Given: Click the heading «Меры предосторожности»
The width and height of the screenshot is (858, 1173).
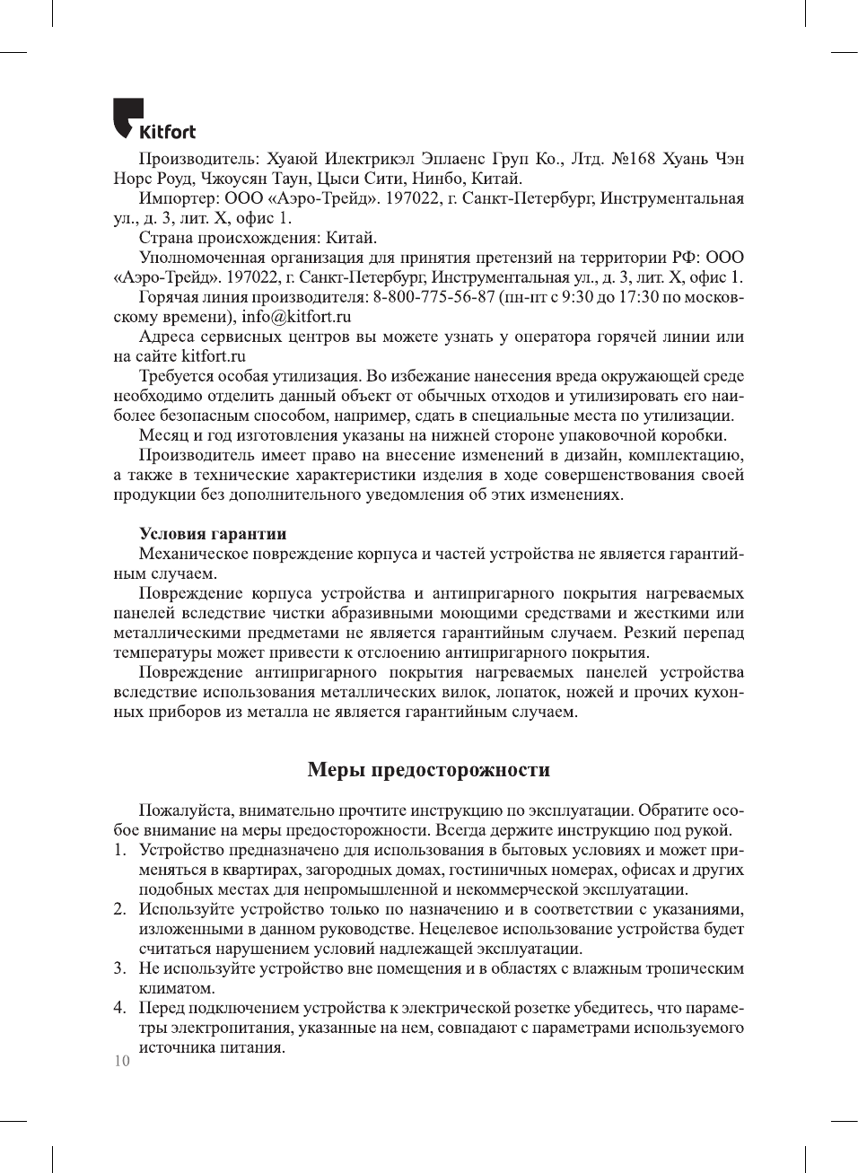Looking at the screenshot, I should tap(429, 770).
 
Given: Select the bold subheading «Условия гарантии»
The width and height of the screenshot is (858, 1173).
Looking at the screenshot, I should tap(213, 534).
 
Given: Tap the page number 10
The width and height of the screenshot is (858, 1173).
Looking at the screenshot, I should tap(121, 1061).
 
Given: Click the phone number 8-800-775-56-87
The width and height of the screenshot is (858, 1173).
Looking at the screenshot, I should tap(433, 297).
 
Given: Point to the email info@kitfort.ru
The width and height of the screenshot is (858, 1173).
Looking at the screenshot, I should tap(295, 317).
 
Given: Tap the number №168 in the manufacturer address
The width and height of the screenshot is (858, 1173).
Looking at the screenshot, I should tap(634, 159).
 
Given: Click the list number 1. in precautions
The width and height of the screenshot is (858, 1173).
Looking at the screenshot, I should tap(119, 850).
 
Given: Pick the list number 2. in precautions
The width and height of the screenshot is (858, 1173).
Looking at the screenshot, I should tap(119, 909).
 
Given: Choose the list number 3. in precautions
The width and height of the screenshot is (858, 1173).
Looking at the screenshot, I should tap(119, 968).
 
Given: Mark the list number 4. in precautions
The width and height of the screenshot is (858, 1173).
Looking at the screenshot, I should tap(119, 1008).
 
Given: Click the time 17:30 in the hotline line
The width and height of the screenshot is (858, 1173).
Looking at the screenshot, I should tap(638, 297).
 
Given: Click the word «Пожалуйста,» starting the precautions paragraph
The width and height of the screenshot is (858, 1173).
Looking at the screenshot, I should tap(186, 810).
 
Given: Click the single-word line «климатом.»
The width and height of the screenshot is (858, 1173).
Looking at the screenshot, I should tap(177, 988).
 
